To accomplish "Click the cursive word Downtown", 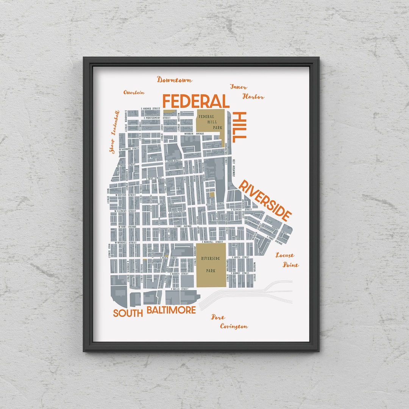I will coord(175,80).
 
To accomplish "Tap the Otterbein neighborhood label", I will coord(134,92).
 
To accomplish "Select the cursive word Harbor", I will coord(253,97).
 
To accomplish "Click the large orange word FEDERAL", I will coord(196,102).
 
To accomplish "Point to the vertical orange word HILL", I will coord(240,127).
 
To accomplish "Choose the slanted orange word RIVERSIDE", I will coord(265,201).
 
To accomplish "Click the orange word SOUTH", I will coord(128,313).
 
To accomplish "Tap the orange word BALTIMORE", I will coord(171,310).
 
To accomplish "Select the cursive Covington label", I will coord(234,326).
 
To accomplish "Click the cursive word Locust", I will coord(284,255).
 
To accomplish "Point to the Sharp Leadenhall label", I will coord(114,132).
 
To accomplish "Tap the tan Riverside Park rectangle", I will coord(211,265).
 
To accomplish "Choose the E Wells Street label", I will coord(180,289).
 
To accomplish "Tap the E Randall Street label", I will coord(212,241).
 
